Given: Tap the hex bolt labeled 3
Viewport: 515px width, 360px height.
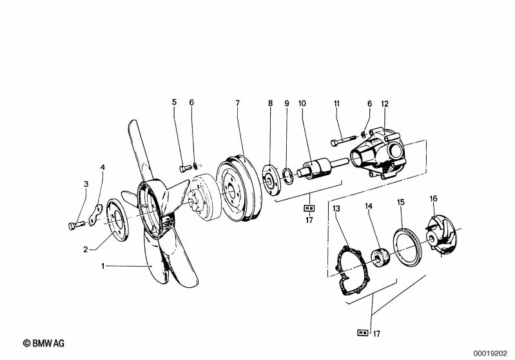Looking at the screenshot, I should click(x=75, y=225).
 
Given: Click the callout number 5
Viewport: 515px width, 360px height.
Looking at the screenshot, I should click(x=173, y=102).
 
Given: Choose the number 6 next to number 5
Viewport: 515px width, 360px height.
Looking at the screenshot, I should click(x=191, y=102).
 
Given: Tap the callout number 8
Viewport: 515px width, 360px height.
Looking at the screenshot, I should click(x=271, y=102).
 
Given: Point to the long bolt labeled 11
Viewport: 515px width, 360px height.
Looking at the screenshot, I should click(x=345, y=140).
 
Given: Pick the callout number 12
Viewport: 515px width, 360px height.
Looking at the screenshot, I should click(x=385, y=102).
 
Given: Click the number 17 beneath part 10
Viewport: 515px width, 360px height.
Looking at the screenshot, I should click(x=309, y=220).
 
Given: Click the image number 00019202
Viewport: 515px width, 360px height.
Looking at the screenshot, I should click(x=492, y=353).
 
